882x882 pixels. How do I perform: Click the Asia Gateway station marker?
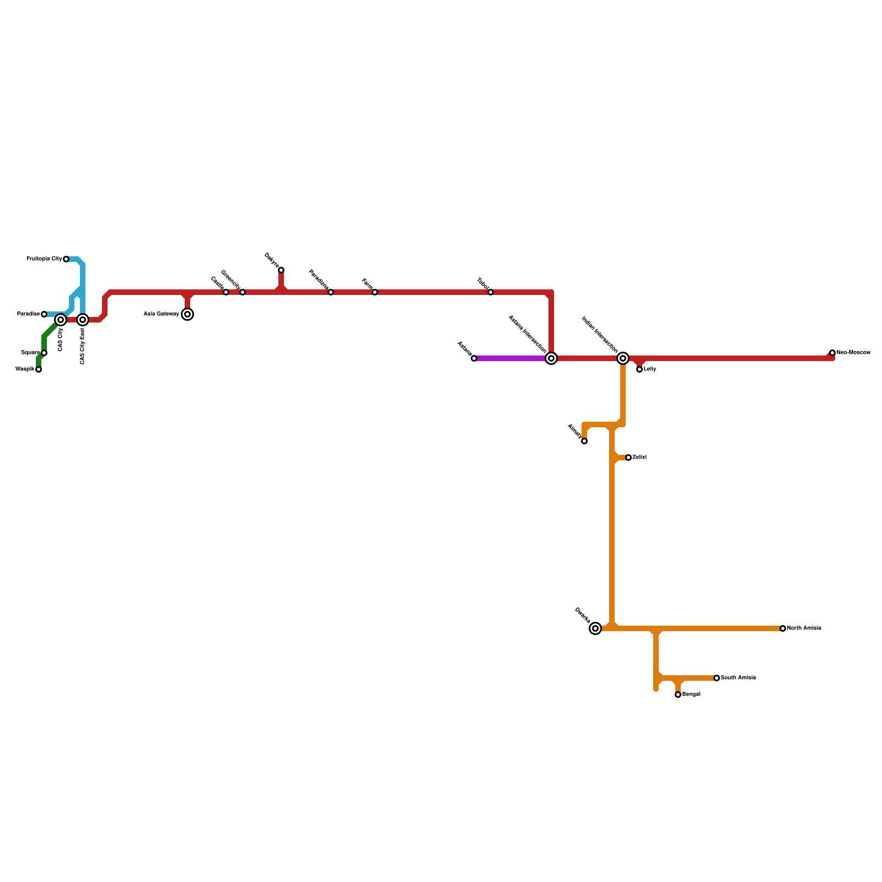(x=187, y=314)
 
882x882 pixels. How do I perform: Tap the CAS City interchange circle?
(x=61, y=320)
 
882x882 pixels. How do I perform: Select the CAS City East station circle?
(x=83, y=320)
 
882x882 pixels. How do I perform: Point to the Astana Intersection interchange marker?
(x=551, y=358)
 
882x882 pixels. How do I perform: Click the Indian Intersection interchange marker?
(x=623, y=358)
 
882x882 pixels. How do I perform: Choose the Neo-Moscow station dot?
(x=832, y=353)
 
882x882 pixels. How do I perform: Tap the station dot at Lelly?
(x=639, y=369)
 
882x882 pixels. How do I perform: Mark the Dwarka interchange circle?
(x=595, y=628)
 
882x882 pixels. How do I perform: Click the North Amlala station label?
(x=804, y=628)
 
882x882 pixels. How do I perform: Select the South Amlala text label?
(x=738, y=678)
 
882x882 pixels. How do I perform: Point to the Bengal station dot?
(x=678, y=695)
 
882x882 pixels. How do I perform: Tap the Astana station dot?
(x=474, y=358)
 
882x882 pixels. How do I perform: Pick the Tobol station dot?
(x=491, y=292)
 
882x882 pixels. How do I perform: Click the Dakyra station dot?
(x=281, y=270)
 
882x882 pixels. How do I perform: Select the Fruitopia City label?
(x=44, y=259)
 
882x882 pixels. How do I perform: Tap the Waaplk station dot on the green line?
(x=39, y=369)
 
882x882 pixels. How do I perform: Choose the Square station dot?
(x=44, y=353)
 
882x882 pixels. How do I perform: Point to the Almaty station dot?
(x=584, y=441)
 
